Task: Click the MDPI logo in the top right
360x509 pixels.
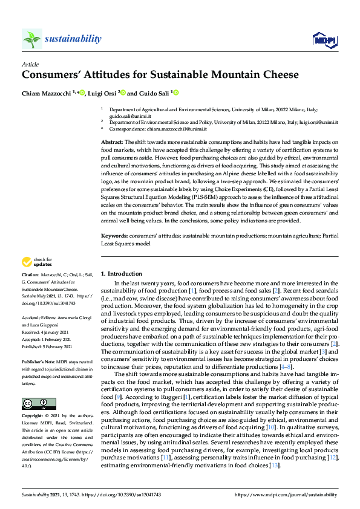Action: point(324,40)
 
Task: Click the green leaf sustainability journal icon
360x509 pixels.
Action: point(31,39)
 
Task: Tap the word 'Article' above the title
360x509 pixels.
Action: point(30,63)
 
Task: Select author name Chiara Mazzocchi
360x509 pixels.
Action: point(47,93)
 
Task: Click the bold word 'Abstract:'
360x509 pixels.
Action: point(111,141)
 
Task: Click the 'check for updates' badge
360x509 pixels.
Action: point(37,262)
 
